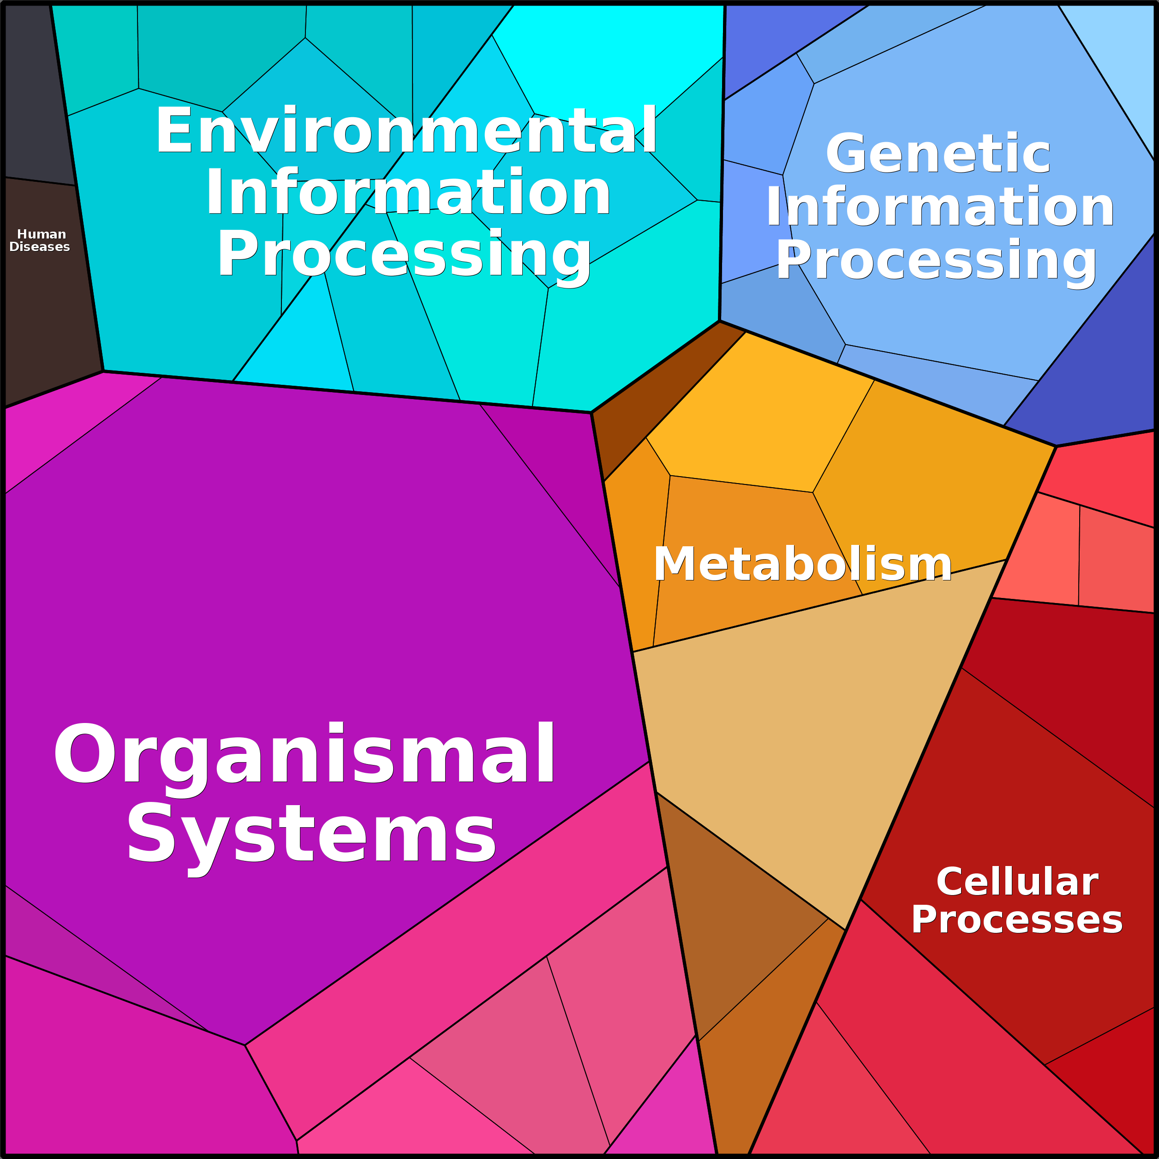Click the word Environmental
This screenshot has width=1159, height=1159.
click(x=406, y=130)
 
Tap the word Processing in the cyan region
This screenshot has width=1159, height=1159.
click(x=404, y=254)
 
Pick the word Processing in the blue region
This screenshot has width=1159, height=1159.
click(x=937, y=260)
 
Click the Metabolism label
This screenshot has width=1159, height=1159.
click(x=803, y=564)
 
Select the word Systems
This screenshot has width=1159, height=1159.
click(x=311, y=833)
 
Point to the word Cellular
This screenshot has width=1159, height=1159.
click(x=1017, y=881)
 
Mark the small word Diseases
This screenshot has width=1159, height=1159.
click(x=40, y=246)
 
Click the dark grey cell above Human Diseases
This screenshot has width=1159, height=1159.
click(x=36, y=93)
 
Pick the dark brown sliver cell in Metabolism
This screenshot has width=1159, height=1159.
click(x=654, y=396)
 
